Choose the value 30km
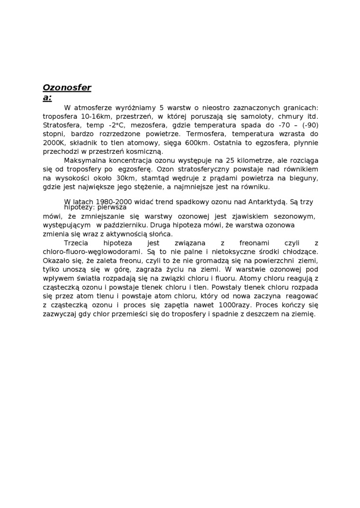click(x=125, y=178)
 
